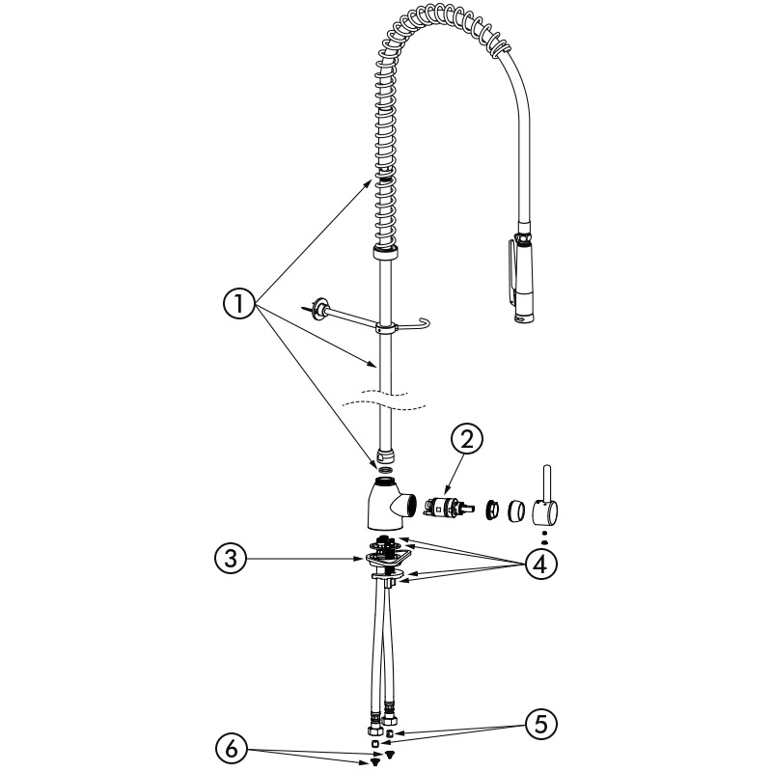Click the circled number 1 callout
click(x=239, y=303)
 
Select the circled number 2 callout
click(x=467, y=439)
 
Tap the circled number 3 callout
click(x=231, y=559)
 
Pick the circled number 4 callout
click(x=540, y=565)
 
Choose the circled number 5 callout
click(x=540, y=724)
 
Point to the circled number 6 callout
click(x=231, y=749)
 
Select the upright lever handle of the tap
click(x=546, y=496)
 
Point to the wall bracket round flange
click(x=322, y=309)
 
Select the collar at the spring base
click(x=384, y=253)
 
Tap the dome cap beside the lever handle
click(x=516, y=510)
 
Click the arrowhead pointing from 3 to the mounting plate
click(x=362, y=559)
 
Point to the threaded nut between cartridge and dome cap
click(x=491, y=510)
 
